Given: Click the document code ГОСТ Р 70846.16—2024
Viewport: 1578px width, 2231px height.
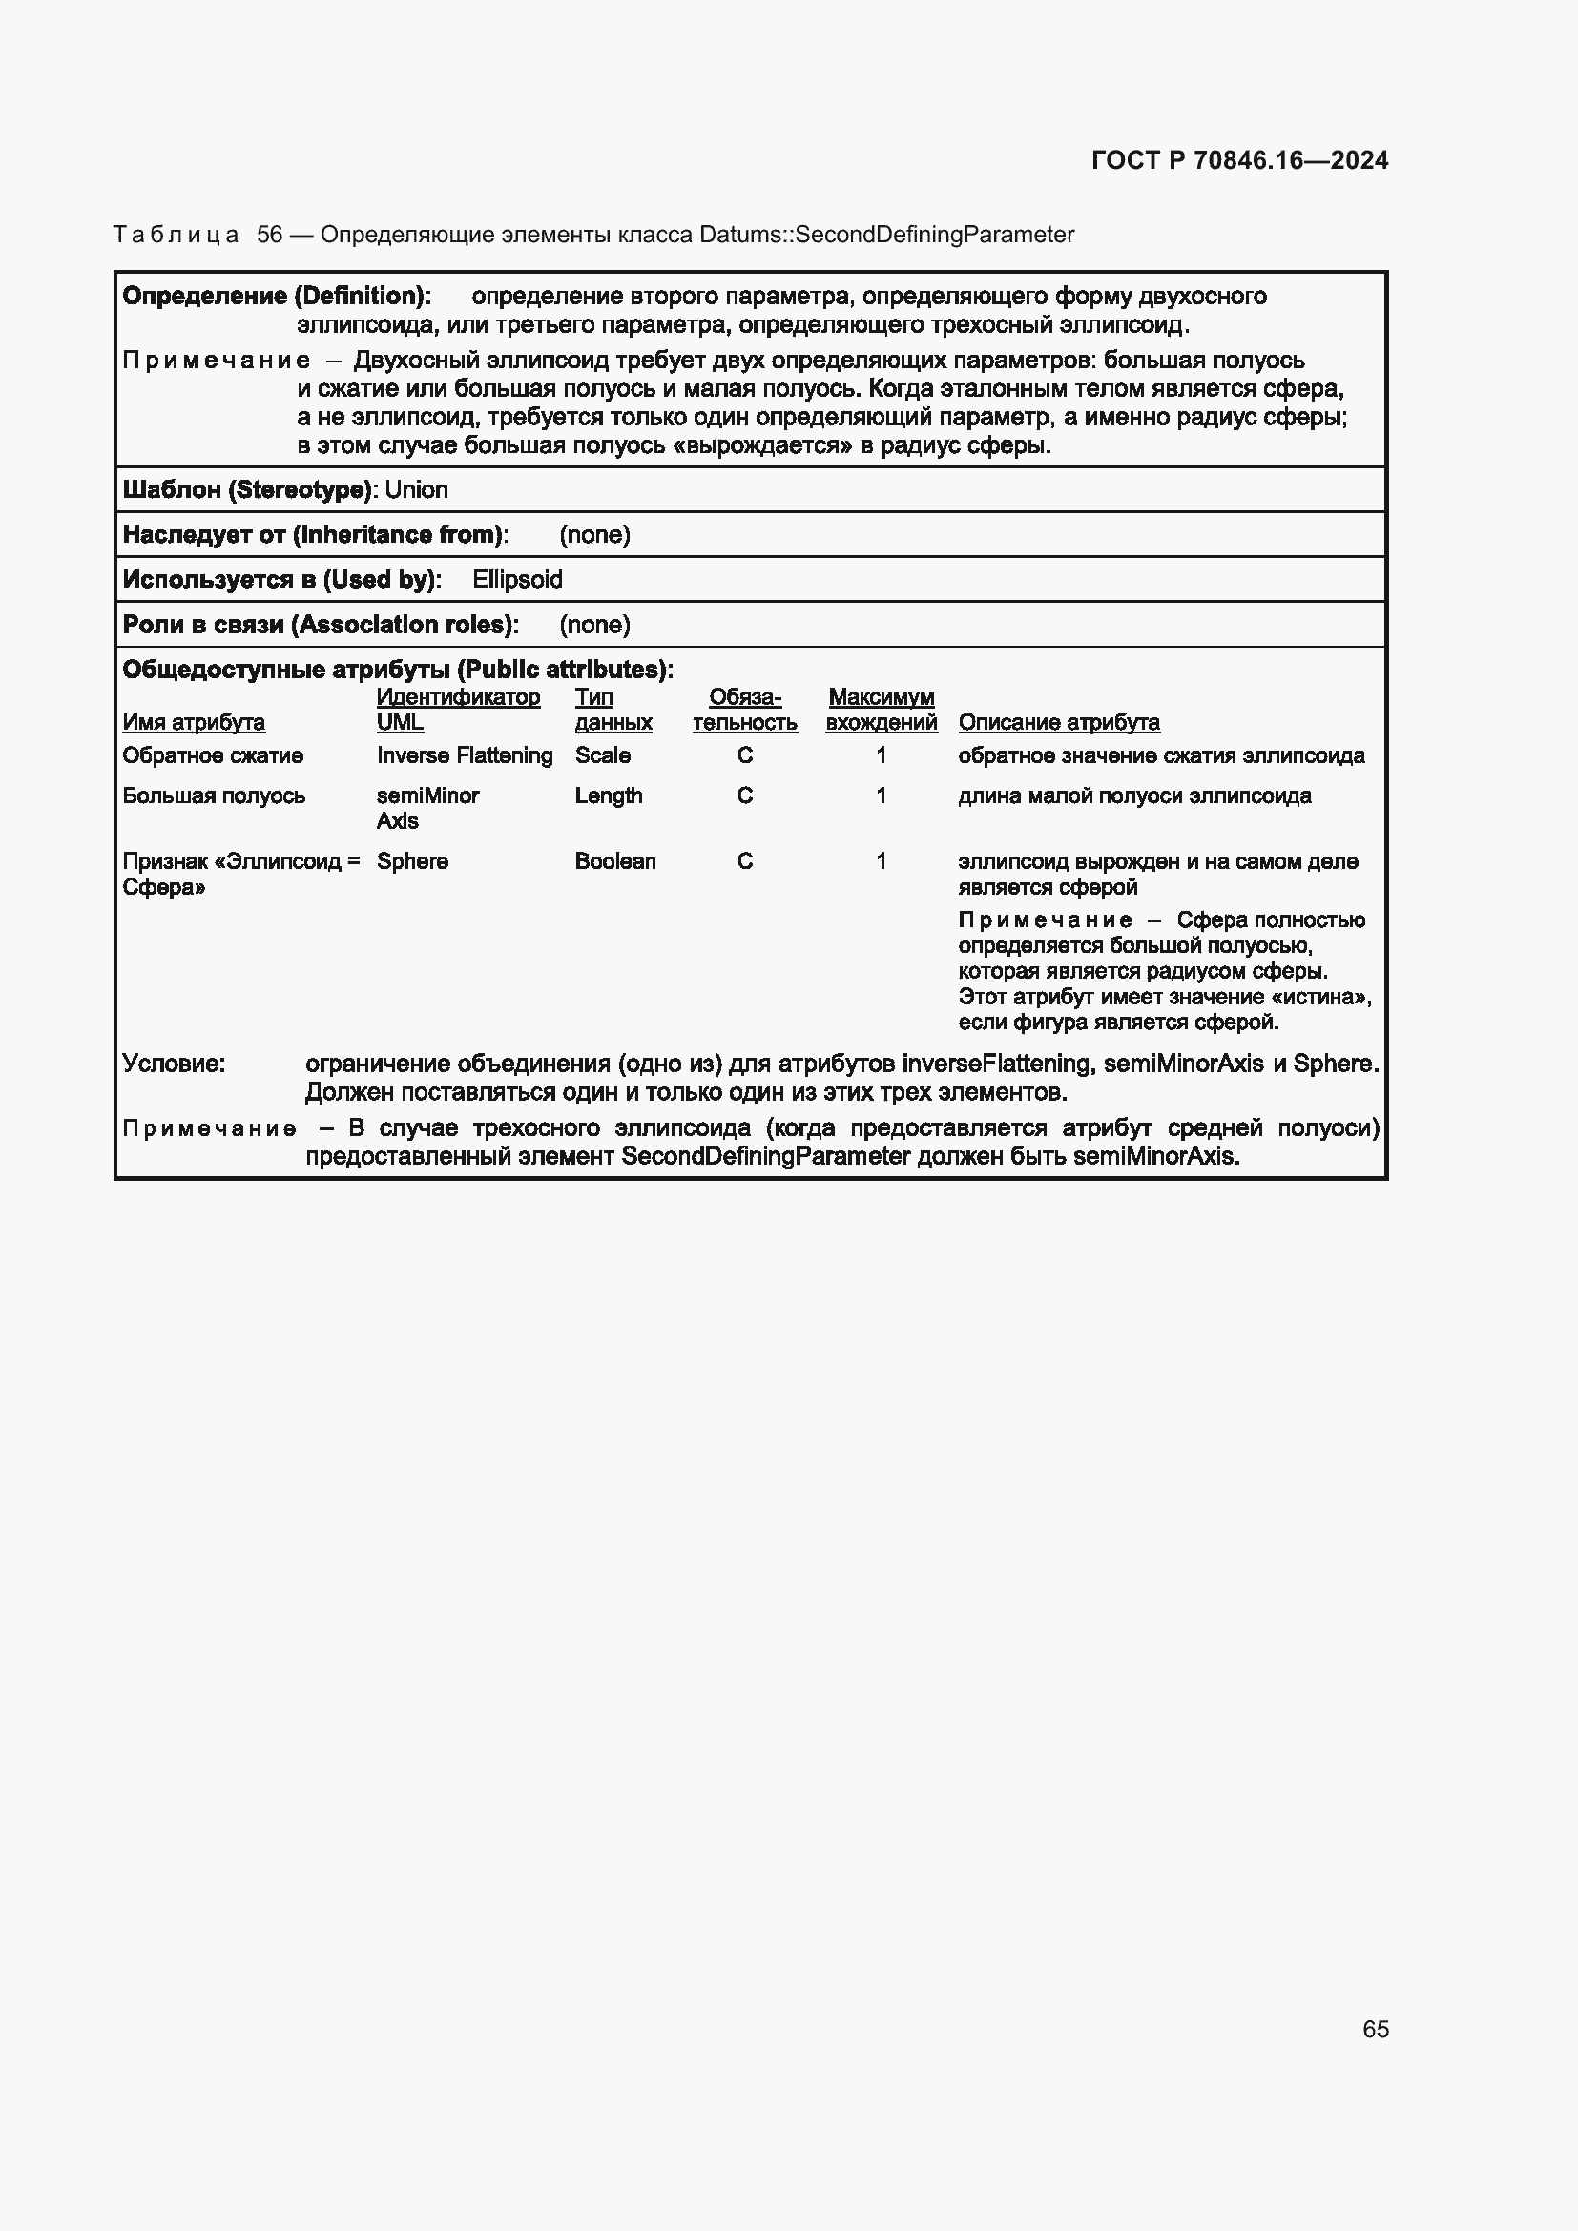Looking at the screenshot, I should [x=1239, y=160].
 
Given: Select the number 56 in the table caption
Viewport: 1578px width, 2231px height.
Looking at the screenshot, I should [x=269, y=236].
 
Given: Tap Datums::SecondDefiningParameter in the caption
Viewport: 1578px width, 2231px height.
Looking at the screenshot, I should [x=886, y=236].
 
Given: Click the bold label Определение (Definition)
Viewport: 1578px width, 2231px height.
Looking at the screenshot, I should [x=276, y=297].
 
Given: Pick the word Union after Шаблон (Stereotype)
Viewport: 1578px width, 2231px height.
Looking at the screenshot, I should [x=416, y=489].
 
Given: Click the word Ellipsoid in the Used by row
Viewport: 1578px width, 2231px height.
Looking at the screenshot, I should [x=517, y=580].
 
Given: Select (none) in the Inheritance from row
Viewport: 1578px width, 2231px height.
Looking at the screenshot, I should [x=593, y=535].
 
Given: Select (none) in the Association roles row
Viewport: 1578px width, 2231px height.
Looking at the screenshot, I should [x=593, y=625].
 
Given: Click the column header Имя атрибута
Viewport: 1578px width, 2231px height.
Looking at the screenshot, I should [x=194, y=723].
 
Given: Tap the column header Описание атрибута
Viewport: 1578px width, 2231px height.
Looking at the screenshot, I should [x=1058, y=723].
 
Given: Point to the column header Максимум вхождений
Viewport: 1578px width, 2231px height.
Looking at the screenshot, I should [x=881, y=711].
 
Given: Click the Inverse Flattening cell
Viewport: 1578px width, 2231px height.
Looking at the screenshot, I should [x=464, y=756].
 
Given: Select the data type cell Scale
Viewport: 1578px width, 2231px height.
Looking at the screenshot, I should [x=602, y=756].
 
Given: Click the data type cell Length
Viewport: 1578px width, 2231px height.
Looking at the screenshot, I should [x=609, y=795].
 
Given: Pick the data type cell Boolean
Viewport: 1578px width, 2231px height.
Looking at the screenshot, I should [x=615, y=862].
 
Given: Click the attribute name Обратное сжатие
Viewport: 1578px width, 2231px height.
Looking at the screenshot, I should [x=213, y=756].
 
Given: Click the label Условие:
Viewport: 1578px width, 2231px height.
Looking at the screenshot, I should [x=174, y=1064].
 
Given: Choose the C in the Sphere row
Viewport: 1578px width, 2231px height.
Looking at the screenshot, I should [x=744, y=862].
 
